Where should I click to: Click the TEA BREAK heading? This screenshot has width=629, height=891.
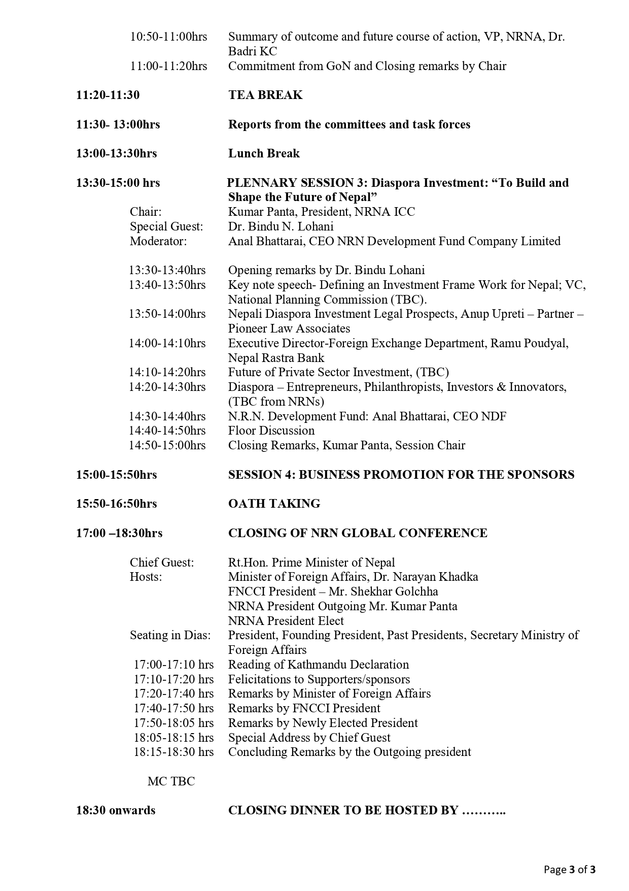pos(265,95)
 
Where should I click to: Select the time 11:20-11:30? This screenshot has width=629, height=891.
pos(108,95)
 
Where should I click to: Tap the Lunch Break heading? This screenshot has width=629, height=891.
pos(264,153)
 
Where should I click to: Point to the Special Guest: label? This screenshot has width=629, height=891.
pos(166,226)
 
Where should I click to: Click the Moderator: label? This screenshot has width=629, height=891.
pos(158,241)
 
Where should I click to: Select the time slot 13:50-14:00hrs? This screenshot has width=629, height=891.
pos(167,314)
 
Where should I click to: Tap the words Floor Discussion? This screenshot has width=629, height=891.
pos(271,431)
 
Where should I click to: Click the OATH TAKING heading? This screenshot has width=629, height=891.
pos(274,504)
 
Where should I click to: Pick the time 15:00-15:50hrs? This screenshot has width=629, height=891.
pos(117,475)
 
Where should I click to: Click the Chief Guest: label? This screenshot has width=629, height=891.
pos(162,563)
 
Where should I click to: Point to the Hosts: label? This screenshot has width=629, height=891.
pos(146,577)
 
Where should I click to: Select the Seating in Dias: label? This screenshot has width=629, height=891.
pos(170,635)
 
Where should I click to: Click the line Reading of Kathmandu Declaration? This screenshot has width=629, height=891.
pos(318,665)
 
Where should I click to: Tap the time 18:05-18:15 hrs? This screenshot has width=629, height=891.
pos(173,738)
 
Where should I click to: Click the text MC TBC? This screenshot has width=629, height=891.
pos(171,781)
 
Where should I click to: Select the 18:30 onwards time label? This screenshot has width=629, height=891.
pos(116,810)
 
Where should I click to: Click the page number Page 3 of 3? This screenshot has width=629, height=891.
pos(570,870)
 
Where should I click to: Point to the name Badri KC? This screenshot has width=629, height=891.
pos(252,51)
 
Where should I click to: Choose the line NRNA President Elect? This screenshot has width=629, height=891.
pos(286,621)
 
